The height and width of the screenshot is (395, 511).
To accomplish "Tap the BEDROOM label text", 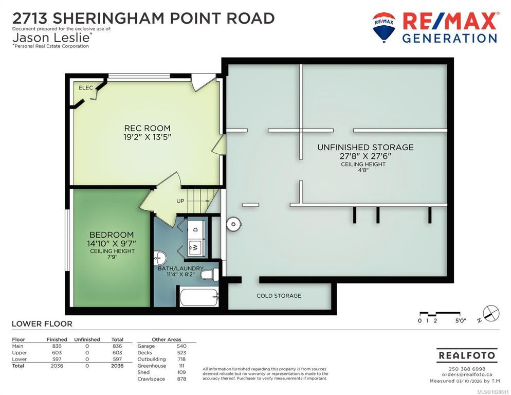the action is pyautogui.click(x=112, y=235).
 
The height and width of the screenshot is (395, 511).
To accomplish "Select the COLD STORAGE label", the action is pyautogui.click(x=279, y=296).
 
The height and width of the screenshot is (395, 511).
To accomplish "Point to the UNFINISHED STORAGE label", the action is pyautogui.click(x=366, y=148).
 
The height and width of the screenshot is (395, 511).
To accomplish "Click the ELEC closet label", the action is pyautogui.click(x=86, y=88).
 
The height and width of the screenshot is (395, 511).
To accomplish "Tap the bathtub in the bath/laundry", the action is pyautogui.click(x=198, y=297).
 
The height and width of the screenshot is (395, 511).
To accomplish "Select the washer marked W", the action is pyautogui.click(x=195, y=247).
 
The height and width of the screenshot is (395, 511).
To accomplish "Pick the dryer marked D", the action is pyautogui.click(x=195, y=229).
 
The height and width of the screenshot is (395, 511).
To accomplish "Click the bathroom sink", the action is pyautogui.click(x=159, y=257).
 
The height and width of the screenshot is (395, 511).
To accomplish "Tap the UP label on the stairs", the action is pyautogui.click(x=180, y=201).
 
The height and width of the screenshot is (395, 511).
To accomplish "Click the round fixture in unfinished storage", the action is pyautogui.click(x=233, y=224).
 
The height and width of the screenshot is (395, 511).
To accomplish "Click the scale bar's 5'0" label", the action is pyautogui.click(x=461, y=320).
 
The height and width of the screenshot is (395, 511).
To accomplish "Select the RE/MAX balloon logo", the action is pyautogui.click(x=384, y=27).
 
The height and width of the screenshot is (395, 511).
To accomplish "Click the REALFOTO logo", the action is pyautogui.click(x=467, y=355).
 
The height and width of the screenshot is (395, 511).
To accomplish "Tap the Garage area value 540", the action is pyautogui.click(x=181, y=346).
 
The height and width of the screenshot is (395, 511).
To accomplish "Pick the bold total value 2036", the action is pyautogui.click(x=117, y=366).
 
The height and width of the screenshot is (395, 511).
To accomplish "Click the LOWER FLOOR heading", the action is pyautogui.click(x=42, y=324).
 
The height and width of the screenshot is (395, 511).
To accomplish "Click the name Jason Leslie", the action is pyautogui.click(x=51, y=38).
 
